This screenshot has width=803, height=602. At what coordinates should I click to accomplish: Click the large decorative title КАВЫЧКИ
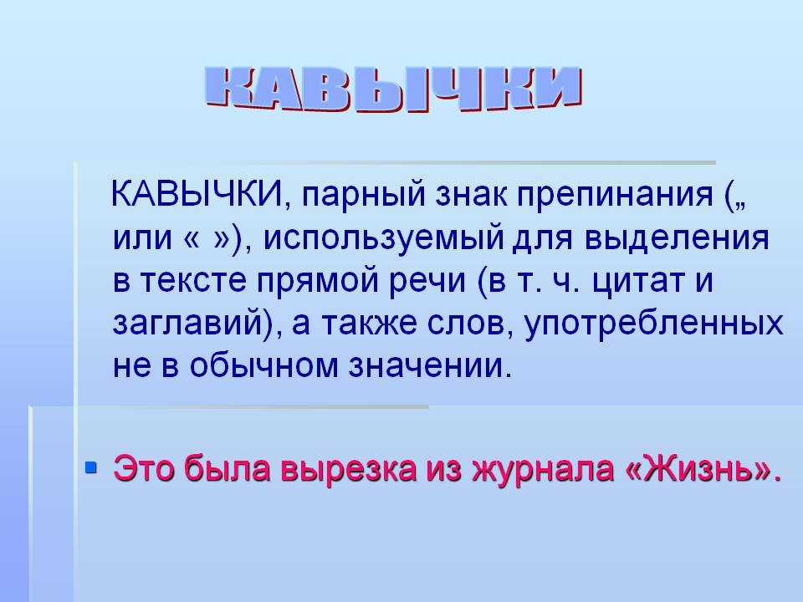click(393, 89)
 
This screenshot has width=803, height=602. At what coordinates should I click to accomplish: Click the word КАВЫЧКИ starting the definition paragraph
click(197, 195)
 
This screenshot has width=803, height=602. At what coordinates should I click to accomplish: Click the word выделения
click(677, 240)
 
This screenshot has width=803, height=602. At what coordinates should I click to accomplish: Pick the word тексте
click(193, 281)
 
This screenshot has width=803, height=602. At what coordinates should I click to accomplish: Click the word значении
click(430, 366)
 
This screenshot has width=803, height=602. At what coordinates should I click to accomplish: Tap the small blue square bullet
click(91, 467)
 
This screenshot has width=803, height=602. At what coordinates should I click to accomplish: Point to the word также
click(369, 324)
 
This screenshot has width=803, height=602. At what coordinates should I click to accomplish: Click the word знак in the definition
click(471, 196)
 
